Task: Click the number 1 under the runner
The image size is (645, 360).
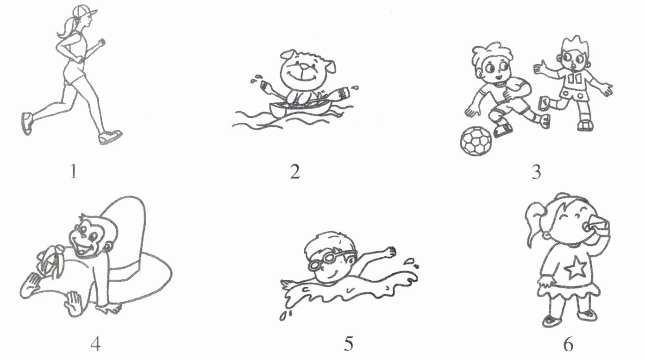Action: click(x=74, y=172)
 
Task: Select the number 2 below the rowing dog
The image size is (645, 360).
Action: click(x=295, y=172)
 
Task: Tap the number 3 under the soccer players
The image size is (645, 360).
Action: click(x=536, y=172)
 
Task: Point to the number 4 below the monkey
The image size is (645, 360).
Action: click(x=95, y=344)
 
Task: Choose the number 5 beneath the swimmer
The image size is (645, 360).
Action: click(x=348, y=344)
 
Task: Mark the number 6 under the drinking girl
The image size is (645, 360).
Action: click(x=568, y=344)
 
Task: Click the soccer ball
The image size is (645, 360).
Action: click(x=476, y=141)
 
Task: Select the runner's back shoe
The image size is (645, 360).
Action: click(x=27, y=123)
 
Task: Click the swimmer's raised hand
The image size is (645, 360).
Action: click(x=390, y=252)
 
